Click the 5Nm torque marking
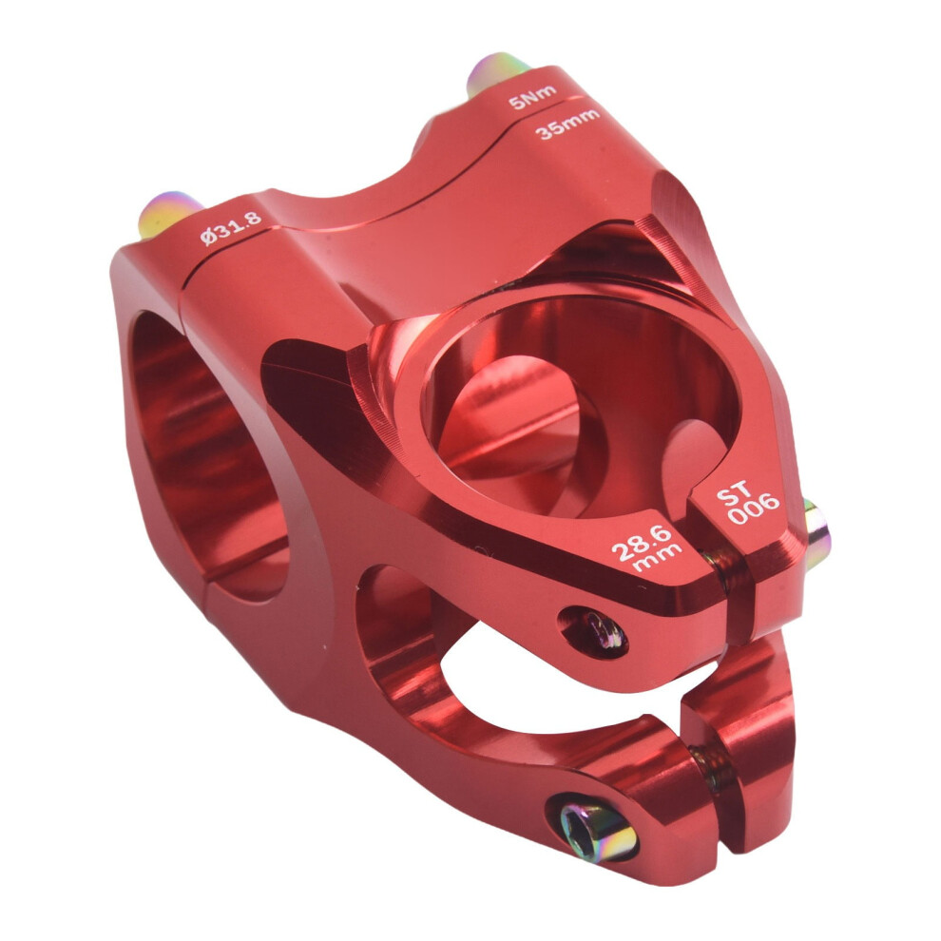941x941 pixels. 532,97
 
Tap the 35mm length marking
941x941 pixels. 567,123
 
